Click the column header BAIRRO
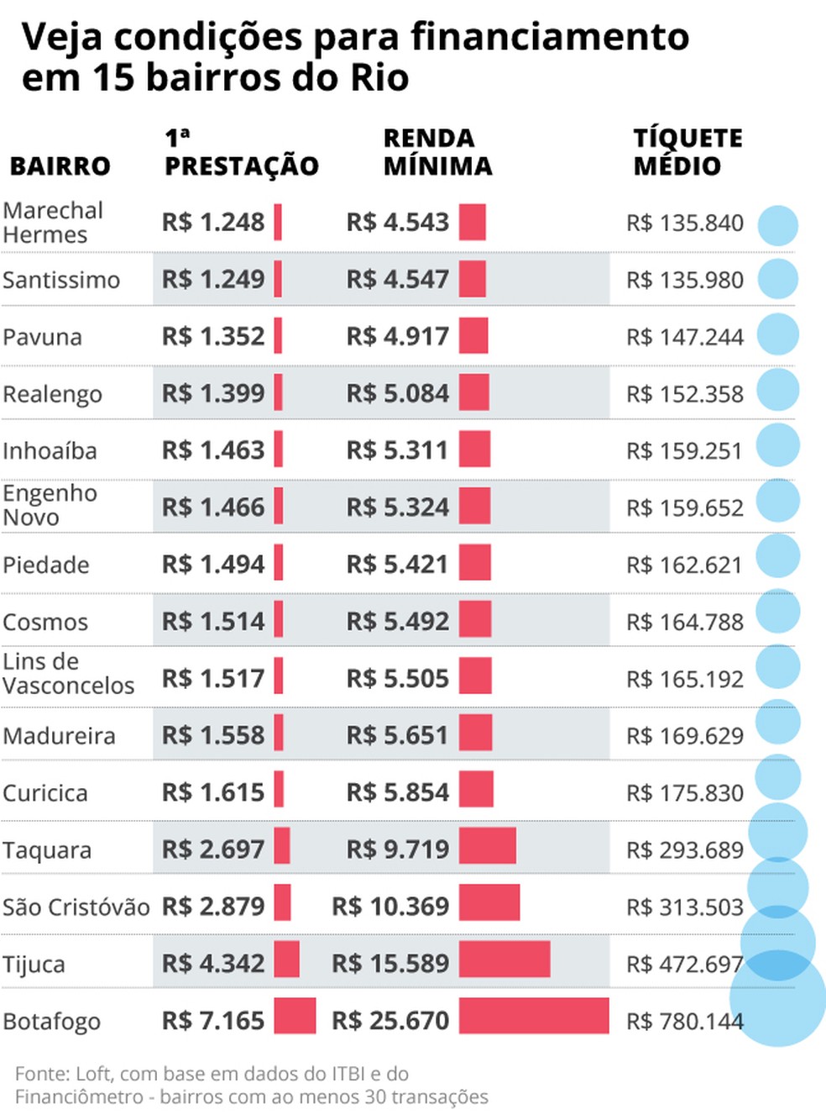60,166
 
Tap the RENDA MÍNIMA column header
437,152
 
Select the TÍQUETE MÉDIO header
687,152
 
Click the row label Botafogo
51,1022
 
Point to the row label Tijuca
34,965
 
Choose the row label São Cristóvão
76,907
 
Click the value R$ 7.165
213,1021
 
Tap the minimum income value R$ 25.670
390,1021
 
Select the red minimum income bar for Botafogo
533,1016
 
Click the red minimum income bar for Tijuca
504,959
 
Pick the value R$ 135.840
685,223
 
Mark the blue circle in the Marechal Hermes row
777,225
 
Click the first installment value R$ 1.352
213,336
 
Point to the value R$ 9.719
398,849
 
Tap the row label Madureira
59,736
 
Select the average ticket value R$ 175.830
685,793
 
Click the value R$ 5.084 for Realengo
398,393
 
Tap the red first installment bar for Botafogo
295,1016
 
